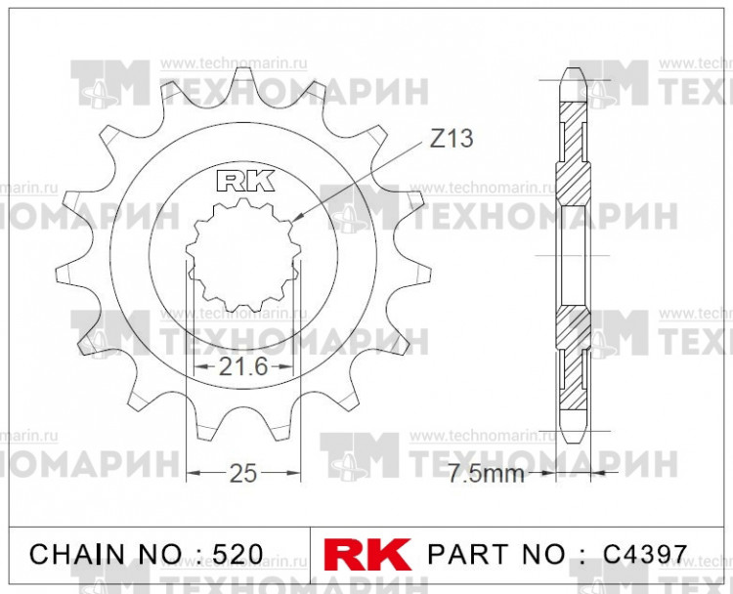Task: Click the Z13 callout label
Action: pyautogui.click(x=452, y=139)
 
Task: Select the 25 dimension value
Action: pyautogui.click(x=242, y=474)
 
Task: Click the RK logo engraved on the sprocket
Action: pyautogui.click(x=239, y=181)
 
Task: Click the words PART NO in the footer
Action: pyautogui.click(x=496, y=554)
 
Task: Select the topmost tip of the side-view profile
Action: pyautogui.click(x=574, y=69)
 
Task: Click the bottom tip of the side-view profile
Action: pyautogui.click(x=574, y=441)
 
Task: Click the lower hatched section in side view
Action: pyautogui.click(x=574, y=332)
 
